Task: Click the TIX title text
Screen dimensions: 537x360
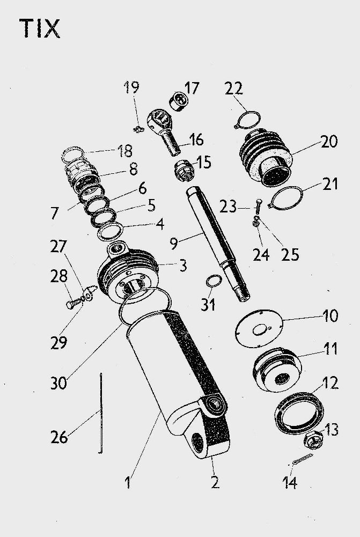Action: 40,29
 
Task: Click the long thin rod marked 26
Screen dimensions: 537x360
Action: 100,413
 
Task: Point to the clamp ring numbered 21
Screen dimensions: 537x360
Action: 288,195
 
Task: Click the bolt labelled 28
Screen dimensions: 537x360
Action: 73,304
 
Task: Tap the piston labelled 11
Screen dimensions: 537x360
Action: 277,370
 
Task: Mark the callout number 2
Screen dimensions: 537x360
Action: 215,482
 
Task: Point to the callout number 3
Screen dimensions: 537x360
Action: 183,264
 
